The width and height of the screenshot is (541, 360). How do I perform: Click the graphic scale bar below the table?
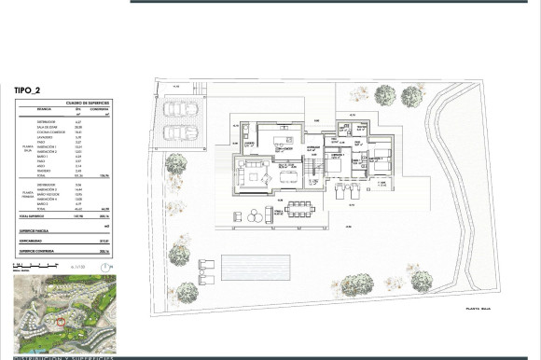75,268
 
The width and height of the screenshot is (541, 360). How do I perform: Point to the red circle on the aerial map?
62,323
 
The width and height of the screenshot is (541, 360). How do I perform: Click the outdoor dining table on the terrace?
300,207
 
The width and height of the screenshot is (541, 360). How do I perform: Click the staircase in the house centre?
316,169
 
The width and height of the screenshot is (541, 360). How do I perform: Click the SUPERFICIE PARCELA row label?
36,256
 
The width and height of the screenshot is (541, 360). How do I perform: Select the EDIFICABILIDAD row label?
34,267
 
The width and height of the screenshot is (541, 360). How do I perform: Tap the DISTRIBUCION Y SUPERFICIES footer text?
64,356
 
